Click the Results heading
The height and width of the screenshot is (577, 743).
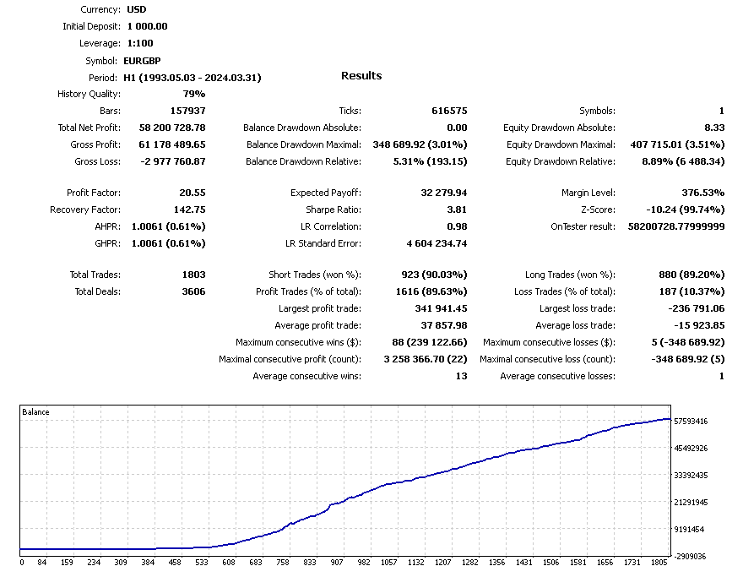[361, 76]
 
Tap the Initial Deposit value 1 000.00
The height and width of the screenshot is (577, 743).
[148, 26]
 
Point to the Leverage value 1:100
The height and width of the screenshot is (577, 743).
[140, 43]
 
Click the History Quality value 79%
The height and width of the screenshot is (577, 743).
[193, 94]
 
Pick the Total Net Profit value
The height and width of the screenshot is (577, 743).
[171, 128]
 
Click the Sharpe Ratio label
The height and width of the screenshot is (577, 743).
[333, 210]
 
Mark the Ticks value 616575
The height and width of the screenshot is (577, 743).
[449, 111]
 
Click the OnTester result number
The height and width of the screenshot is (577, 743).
[676, 227]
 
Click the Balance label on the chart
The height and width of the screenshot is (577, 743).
[35, 412]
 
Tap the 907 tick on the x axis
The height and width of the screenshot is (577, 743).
[336, 562]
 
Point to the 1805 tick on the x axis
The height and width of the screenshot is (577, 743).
[659, 562]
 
